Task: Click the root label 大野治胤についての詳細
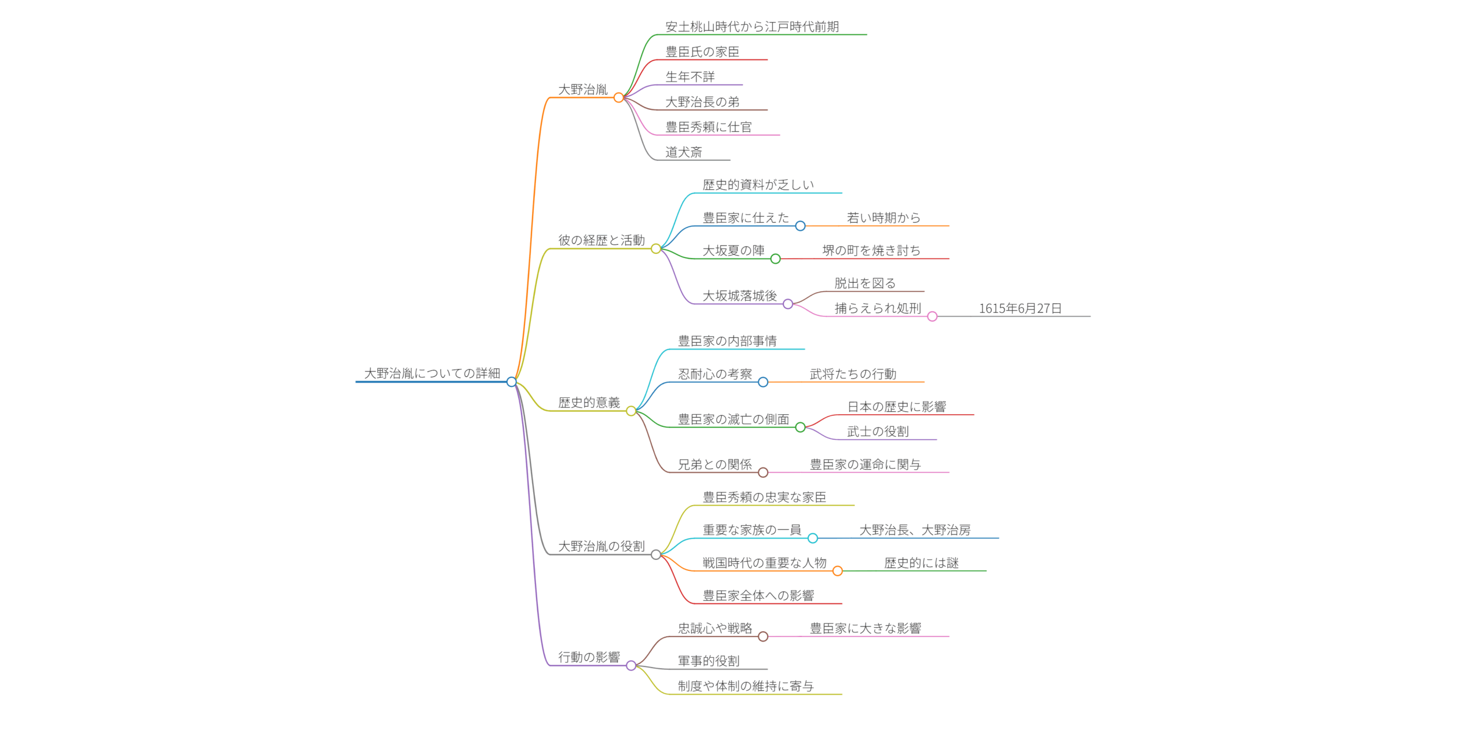(x=432, y=373)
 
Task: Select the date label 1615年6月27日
(x=1020, y=308)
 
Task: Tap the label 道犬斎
(x=684, y=152)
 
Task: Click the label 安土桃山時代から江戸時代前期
(x=752, y=27)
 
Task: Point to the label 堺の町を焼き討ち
(x=871, y=250)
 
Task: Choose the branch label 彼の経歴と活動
(x=601, y=240)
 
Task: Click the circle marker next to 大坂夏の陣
(x=775, y=259)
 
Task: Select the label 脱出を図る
(x=865, y=283)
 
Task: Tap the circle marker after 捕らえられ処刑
(x=932, y=316)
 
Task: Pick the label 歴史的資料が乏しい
(x=758, y=185)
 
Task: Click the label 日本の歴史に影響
(x=897, y=407)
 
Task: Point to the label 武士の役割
(x=878, y=432)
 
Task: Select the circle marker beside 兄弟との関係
(x=763, y=473)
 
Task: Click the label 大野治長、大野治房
(x=915, y=530)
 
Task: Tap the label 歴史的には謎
(x=921, y=563)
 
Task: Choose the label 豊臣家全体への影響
(x=758, y=595)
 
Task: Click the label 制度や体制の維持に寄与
(x=746, y=686)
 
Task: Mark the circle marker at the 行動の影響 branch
(x=631, y=666)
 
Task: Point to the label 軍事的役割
(x=709, y=661)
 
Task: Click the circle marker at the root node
(x=511, y=382)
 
